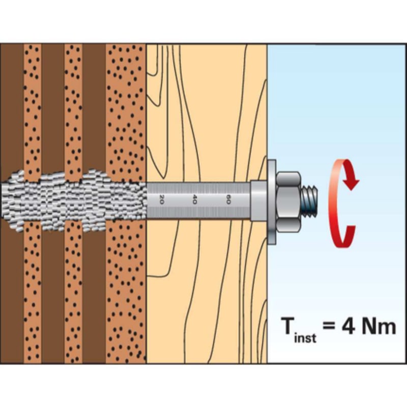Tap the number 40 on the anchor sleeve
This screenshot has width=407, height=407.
(195, 199)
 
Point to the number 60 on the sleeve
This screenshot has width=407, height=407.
(229, 199)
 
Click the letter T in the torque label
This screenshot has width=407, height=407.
(289, 326)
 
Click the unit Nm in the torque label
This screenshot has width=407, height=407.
(379, 326)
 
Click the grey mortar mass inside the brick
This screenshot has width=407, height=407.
(71, 200)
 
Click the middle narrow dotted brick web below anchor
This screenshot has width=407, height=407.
(73, 295)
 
